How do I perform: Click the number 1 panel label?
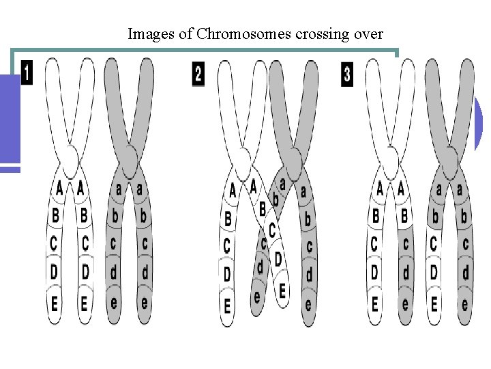(x=27, y=73)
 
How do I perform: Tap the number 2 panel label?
(x=198, y=74)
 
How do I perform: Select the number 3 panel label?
(x=347, y=74)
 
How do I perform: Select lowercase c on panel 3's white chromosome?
(x=406, y=243)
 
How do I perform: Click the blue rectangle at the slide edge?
(x=10, y=120)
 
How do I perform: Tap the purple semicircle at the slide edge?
(x=478, y=123)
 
